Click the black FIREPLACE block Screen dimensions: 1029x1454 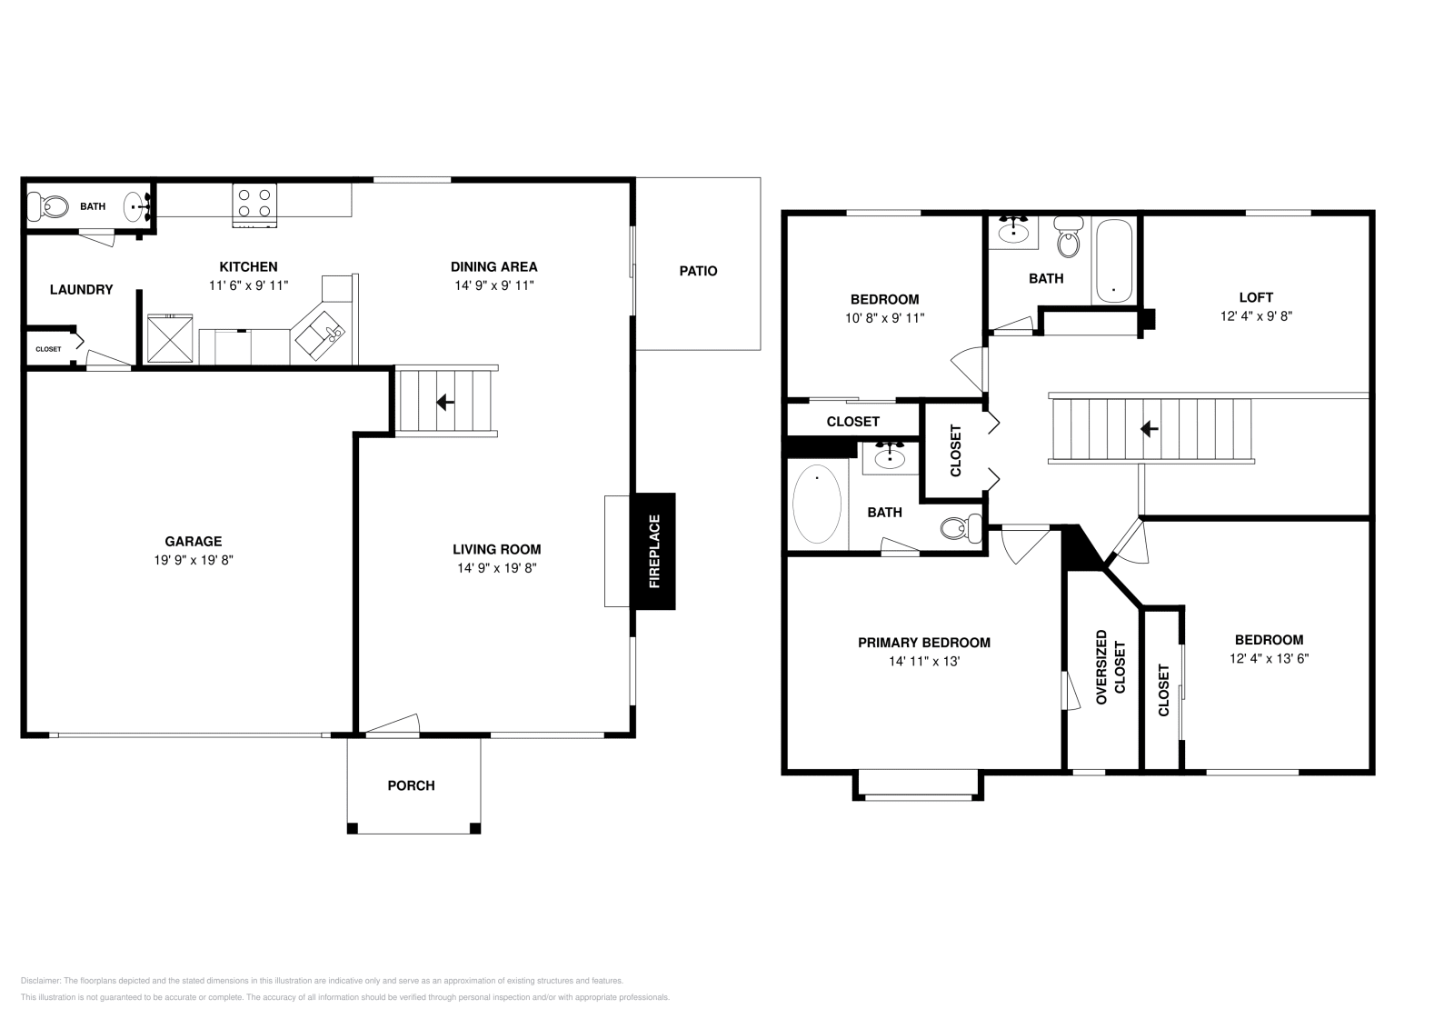pos(654,551)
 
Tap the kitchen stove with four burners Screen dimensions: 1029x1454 pos(255,205)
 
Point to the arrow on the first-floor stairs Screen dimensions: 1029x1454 pos(445,401)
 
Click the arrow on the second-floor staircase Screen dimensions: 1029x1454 pos(1149,427)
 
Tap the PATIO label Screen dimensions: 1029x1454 pos(698,271)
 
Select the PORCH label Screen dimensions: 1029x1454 pos(411,785)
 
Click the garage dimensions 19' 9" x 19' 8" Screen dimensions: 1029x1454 pos(194,561)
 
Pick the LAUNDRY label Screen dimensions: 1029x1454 pos(81,289)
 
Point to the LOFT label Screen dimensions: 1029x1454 pos(1256,297)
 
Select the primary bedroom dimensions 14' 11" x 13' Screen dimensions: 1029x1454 pos(924,662)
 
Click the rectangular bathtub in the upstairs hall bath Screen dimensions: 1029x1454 pos(1113,261)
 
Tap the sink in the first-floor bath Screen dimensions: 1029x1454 pos(135,206)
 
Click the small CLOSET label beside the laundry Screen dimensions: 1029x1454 pos(48,349)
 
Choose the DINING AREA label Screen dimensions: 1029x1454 pos(494,266)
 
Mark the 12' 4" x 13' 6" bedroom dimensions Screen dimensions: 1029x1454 pos(1269,659)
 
